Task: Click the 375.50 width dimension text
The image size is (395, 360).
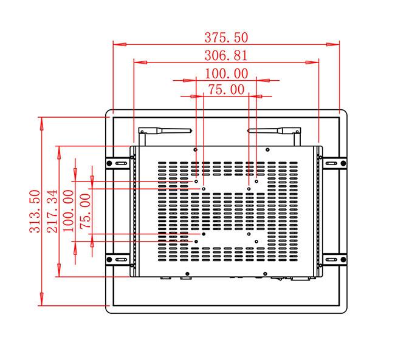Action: (x=226, y=37)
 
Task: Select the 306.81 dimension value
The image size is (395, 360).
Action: (x=226, y=55)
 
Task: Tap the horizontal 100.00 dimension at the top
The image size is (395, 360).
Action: (x=226, y=73)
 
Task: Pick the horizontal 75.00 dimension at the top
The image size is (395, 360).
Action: (x=226, y=89)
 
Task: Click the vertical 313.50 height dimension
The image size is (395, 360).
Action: (x=35, y=211)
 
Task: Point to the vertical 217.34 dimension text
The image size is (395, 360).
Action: (x=52, y=211)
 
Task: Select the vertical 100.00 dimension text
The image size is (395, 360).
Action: (x=68, y=211)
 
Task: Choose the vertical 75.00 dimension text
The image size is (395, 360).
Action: (x=85, y=211)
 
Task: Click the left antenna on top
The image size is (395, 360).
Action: (x=165, y=131)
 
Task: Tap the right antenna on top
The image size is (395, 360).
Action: (x=274, y=131)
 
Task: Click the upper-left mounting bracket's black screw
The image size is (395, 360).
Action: (x=109, y=163)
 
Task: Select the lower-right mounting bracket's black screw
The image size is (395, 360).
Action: (x=343, y=259)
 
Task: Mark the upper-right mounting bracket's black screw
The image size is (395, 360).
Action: (x=343, y=163)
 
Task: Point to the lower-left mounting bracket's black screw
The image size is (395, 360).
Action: (x=109, y=259)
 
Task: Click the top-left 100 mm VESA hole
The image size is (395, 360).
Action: (x=196, y=182)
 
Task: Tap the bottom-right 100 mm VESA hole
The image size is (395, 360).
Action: (x=256, y=242)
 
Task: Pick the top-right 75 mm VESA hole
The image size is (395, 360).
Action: (x=249, y=189)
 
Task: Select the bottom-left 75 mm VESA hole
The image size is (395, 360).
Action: (x=204, y=234)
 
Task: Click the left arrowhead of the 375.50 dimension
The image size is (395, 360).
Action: (x=119, y=44)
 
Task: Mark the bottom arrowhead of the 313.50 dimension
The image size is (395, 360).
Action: (x=42, y=299)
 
